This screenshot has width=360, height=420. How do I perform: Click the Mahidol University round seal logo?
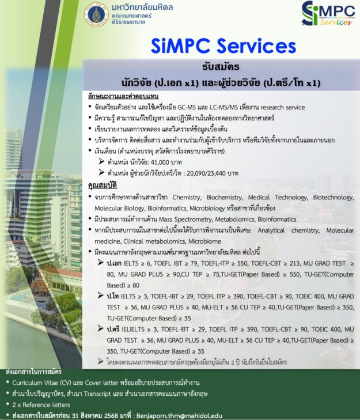click(96, 14)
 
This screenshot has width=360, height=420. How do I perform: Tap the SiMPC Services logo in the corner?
click(326, 14)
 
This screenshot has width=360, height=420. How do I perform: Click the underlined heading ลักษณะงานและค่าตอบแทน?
click(123, 96)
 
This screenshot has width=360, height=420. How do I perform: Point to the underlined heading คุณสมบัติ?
click(101, 187)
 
